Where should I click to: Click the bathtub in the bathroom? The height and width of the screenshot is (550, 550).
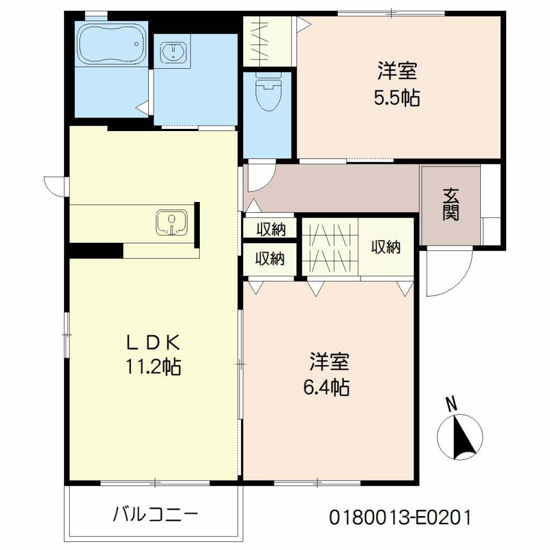(112, 43)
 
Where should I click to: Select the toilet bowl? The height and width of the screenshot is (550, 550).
(267, 95)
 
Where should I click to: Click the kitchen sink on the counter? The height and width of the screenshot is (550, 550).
(171, 223)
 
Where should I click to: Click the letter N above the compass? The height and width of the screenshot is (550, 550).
(453, 404)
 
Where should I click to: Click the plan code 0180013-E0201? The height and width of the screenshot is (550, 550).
(400, 518)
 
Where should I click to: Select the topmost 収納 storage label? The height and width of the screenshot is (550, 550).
(270, 229)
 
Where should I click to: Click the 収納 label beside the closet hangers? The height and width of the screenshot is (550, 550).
(386, 247)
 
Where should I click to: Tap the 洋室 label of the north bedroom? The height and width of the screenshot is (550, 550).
(397, 71)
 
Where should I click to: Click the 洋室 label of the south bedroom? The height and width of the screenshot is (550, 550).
(329, 361)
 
